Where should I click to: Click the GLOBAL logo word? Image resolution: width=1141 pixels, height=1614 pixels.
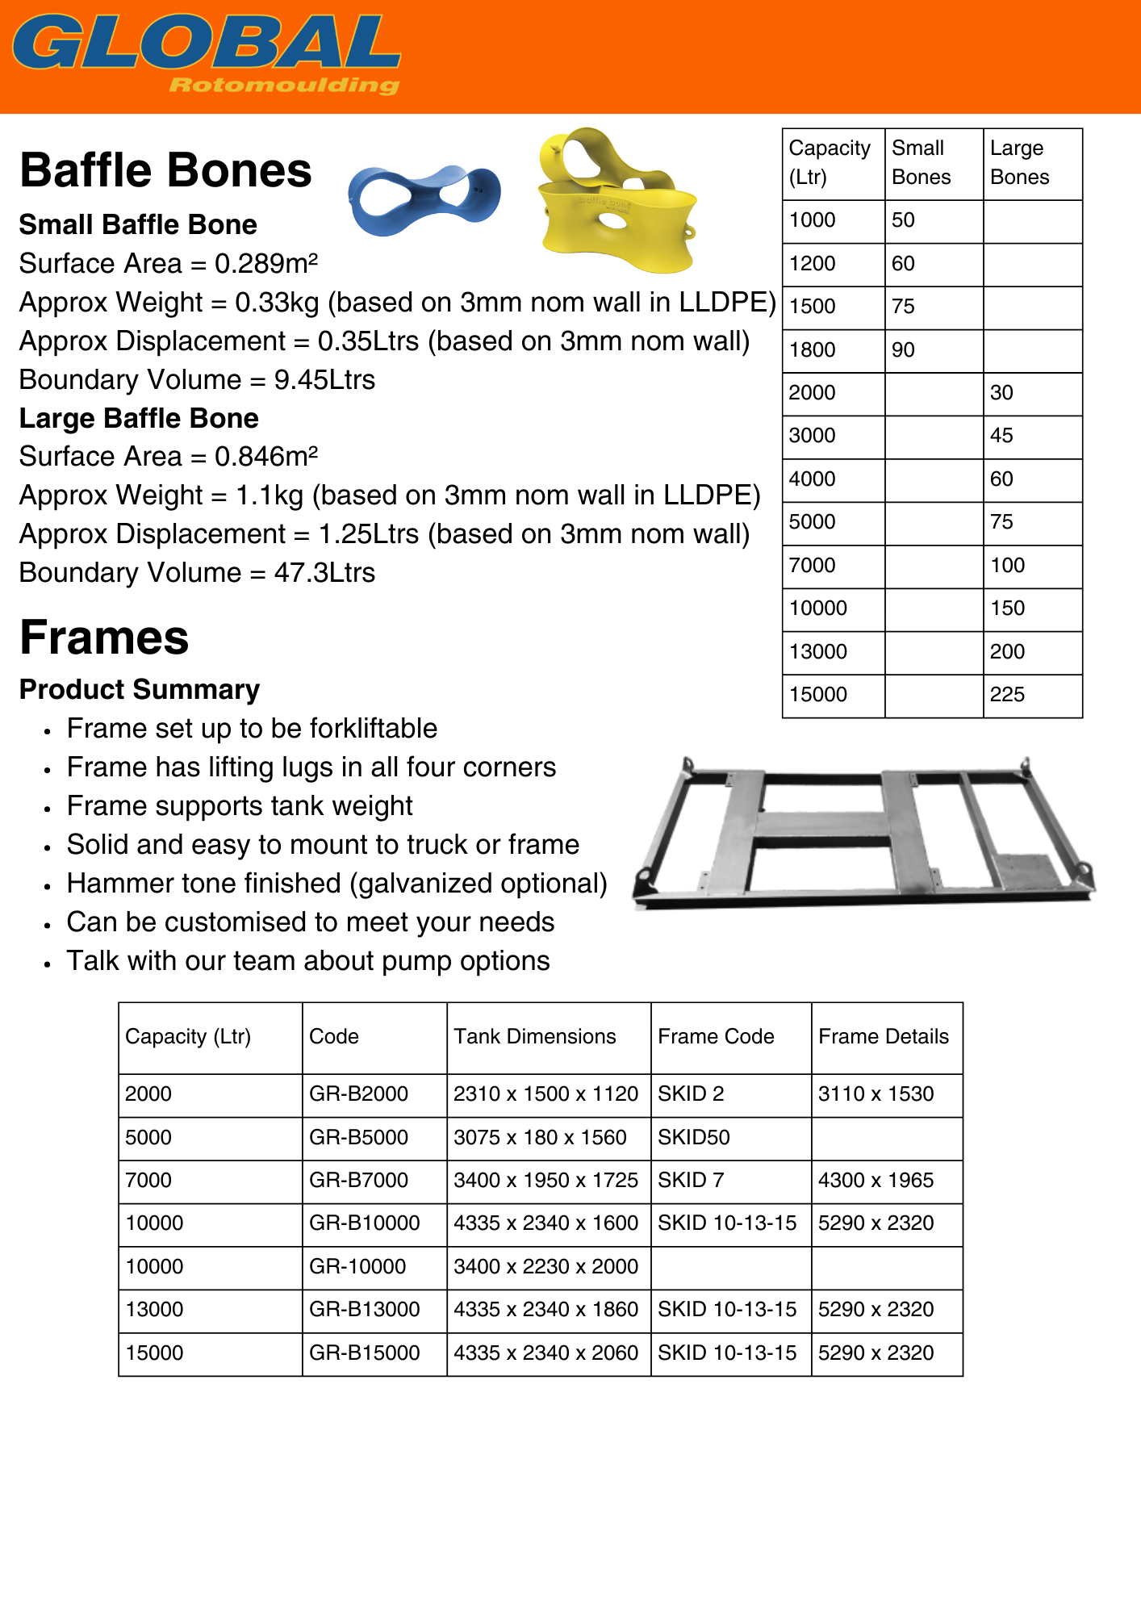click(206, 42)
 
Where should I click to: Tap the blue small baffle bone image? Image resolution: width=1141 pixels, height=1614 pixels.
click(424, 199)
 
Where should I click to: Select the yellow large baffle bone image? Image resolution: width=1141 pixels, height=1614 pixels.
click(616, 202)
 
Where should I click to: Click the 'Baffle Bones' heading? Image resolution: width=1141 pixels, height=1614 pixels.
click(165, 170)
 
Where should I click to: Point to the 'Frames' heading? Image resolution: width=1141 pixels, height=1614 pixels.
click(104, 638)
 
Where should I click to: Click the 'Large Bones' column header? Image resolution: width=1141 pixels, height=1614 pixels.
click(1019, 162)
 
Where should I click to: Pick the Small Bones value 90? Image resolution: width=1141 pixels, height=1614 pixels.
click(903, 350)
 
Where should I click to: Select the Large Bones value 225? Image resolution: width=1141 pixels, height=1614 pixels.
click(1007, 695)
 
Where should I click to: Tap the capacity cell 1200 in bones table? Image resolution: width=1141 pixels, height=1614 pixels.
click(812, 264)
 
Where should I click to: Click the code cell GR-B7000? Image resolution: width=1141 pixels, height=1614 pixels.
click(358, 1180)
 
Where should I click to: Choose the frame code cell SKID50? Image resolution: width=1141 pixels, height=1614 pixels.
click(693, 1137)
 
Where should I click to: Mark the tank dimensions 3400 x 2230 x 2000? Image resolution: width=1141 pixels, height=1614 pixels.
click(545, 1266)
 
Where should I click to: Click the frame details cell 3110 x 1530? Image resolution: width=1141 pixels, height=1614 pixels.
click(876, 1093)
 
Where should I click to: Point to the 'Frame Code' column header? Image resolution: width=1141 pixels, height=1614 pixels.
click(716, 1036)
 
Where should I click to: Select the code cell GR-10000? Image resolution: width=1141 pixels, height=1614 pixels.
click(357, 1266)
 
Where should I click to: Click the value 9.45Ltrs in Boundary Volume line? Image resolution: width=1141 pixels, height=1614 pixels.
click(324, 379)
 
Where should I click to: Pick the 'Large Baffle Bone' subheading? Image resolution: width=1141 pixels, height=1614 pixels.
click(139, 418)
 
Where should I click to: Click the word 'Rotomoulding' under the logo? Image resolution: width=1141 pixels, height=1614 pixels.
click(284, 86)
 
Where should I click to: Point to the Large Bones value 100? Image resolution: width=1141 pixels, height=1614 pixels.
click(1007, 565)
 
